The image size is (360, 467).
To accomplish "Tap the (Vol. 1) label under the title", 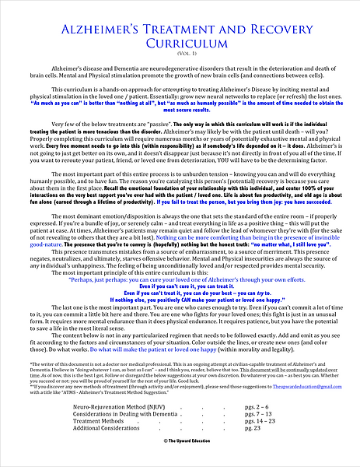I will pyautogui.click(x=180, y=54).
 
